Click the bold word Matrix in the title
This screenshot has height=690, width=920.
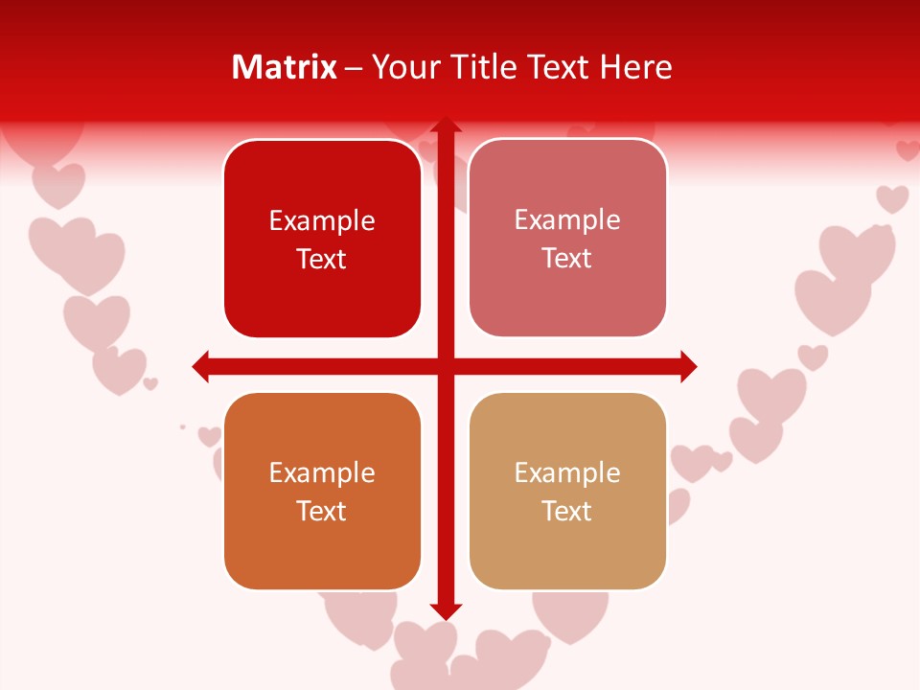[285, 67]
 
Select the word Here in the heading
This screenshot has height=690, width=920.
[636, 67]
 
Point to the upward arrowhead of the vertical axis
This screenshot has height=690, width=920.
[446, 126]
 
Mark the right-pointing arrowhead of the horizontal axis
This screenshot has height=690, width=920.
[688, 366]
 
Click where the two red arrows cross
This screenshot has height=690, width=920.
[446, 366]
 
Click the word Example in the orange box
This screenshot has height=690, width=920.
[322, 472]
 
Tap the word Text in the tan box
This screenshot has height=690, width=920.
[567, 511]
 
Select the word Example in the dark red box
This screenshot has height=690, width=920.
[322, 220]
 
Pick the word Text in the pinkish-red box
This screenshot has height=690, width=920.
[567, 258]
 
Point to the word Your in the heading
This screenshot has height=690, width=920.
[403, 67]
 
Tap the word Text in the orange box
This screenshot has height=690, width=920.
[322, 511]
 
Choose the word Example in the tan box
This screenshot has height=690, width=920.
[567, 472]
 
